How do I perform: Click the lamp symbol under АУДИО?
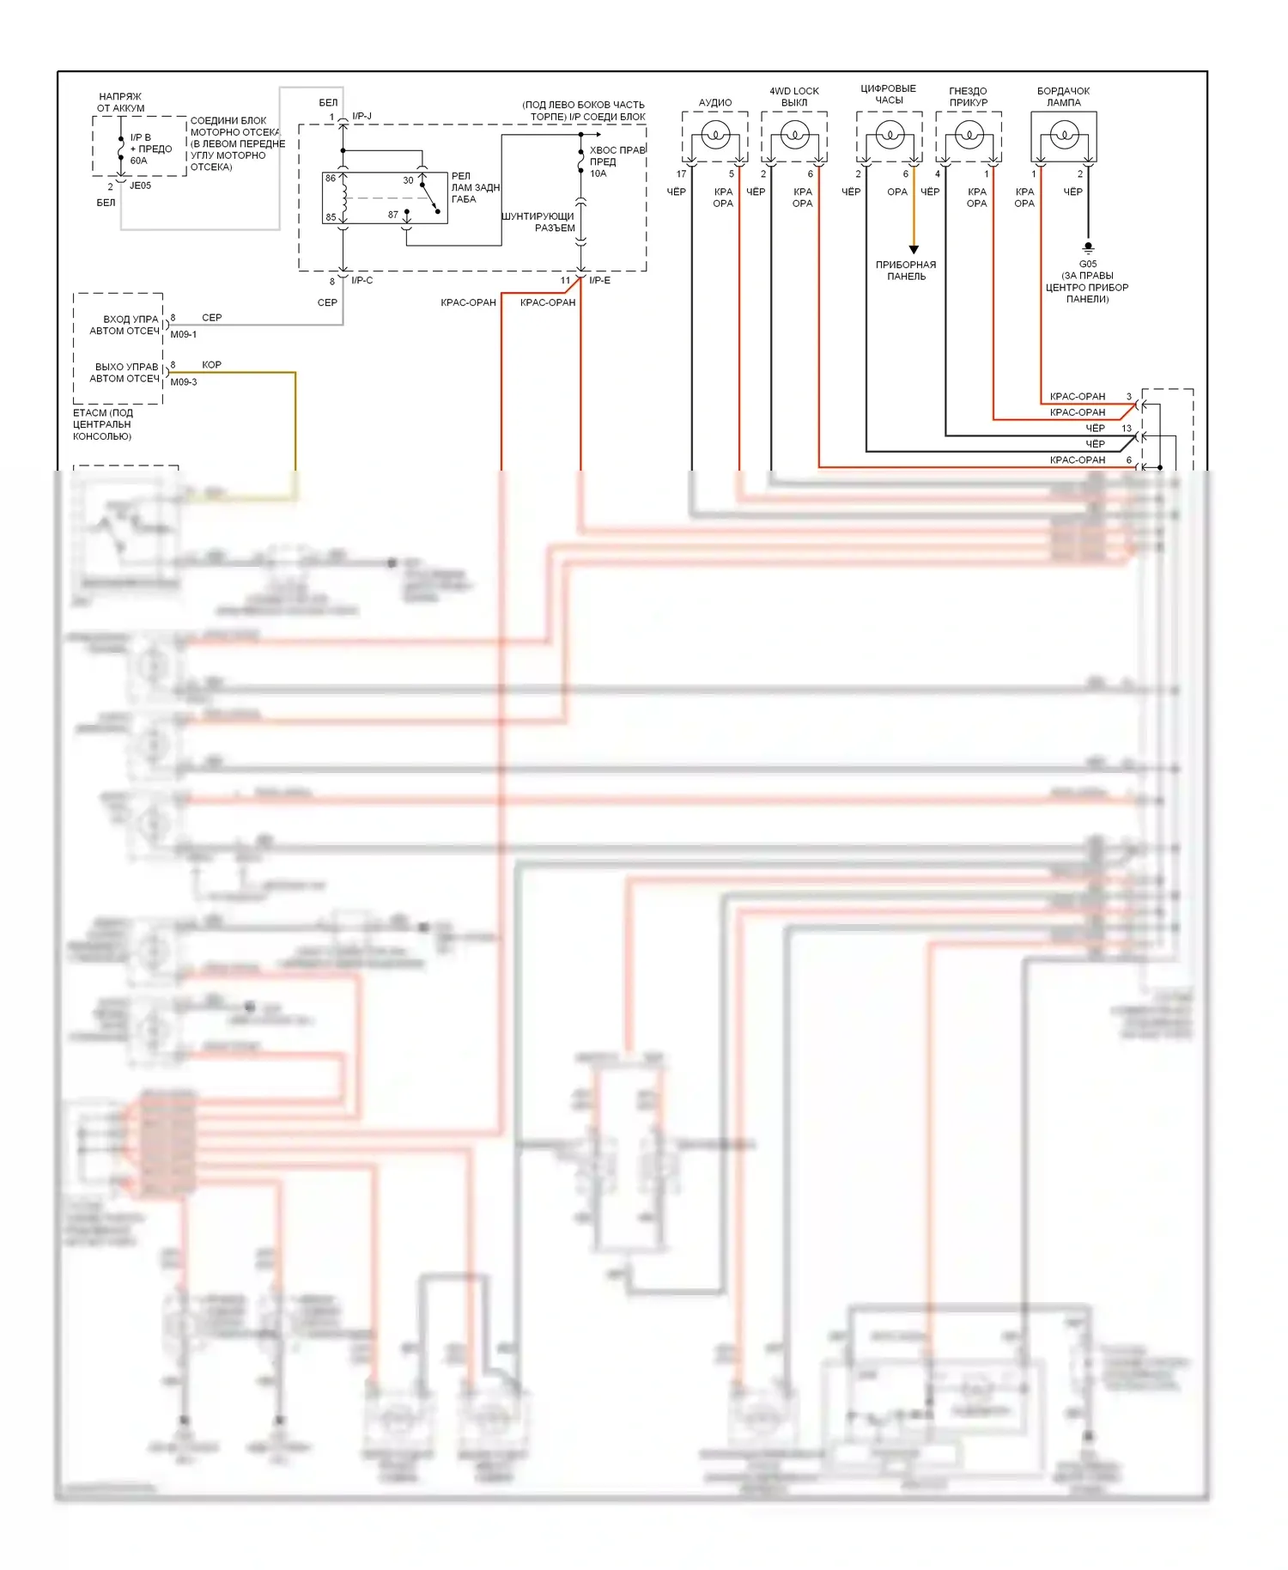point(715,135)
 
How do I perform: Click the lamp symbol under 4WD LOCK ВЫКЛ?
point(794,135)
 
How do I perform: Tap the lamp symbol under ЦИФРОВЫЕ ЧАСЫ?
point(890,134)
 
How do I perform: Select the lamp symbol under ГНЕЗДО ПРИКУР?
point(969,135)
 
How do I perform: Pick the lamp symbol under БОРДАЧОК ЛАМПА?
point(1064,135)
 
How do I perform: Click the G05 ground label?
point(1088,264)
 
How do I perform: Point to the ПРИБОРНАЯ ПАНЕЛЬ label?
point(906,271)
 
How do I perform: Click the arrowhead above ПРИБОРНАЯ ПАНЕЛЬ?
point(914,250)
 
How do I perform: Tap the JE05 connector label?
point(140,186)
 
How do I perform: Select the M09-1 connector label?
point(183,334)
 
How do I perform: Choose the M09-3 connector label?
point(183,382)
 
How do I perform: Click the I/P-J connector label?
point(361,116)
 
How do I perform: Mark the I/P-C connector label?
point(361,281)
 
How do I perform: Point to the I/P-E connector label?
point(600,281)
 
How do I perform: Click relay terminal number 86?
point(331,179)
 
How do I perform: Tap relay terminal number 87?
point(393,215)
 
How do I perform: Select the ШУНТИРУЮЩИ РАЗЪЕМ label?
point(538,222)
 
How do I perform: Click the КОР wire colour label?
point(211,365)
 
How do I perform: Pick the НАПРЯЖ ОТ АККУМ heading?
point(120,102)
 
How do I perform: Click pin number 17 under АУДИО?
point(682,174)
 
